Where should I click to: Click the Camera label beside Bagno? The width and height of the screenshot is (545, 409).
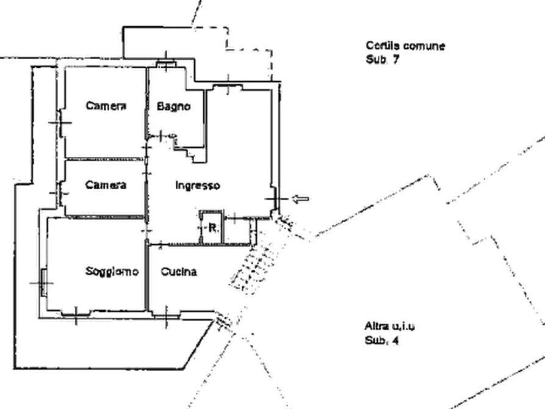[106, 106]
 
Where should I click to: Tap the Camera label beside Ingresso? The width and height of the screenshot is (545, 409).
[106, 184]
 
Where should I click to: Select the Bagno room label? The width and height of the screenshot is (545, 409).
[174, 107]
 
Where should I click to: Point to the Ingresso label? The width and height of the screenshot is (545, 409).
[197, 185]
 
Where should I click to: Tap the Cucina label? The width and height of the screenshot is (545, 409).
[179, 272]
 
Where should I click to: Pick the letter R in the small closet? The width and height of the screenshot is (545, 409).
[211, 228]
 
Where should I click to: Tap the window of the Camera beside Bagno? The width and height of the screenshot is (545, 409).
[61, 122]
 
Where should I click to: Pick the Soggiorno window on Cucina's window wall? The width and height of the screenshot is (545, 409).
[76, 314]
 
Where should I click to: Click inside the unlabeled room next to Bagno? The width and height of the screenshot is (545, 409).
[241, 147]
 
